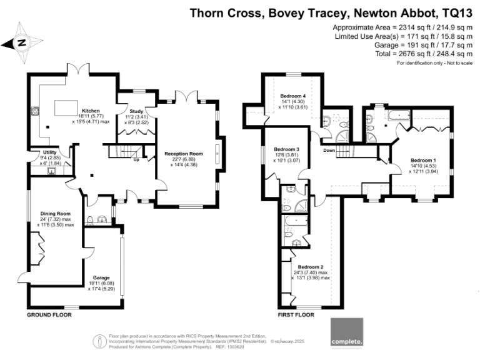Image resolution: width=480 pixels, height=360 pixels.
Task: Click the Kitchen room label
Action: (83, 109)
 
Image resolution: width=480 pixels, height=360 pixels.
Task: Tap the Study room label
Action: (136, 111)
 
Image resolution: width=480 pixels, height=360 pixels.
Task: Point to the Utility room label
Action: (50, 152)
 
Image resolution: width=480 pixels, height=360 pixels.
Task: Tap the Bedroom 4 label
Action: (292, 96)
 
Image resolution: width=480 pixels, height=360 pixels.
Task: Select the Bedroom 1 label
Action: (423, 160)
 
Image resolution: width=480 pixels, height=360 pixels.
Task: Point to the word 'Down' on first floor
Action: (329, 151)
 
